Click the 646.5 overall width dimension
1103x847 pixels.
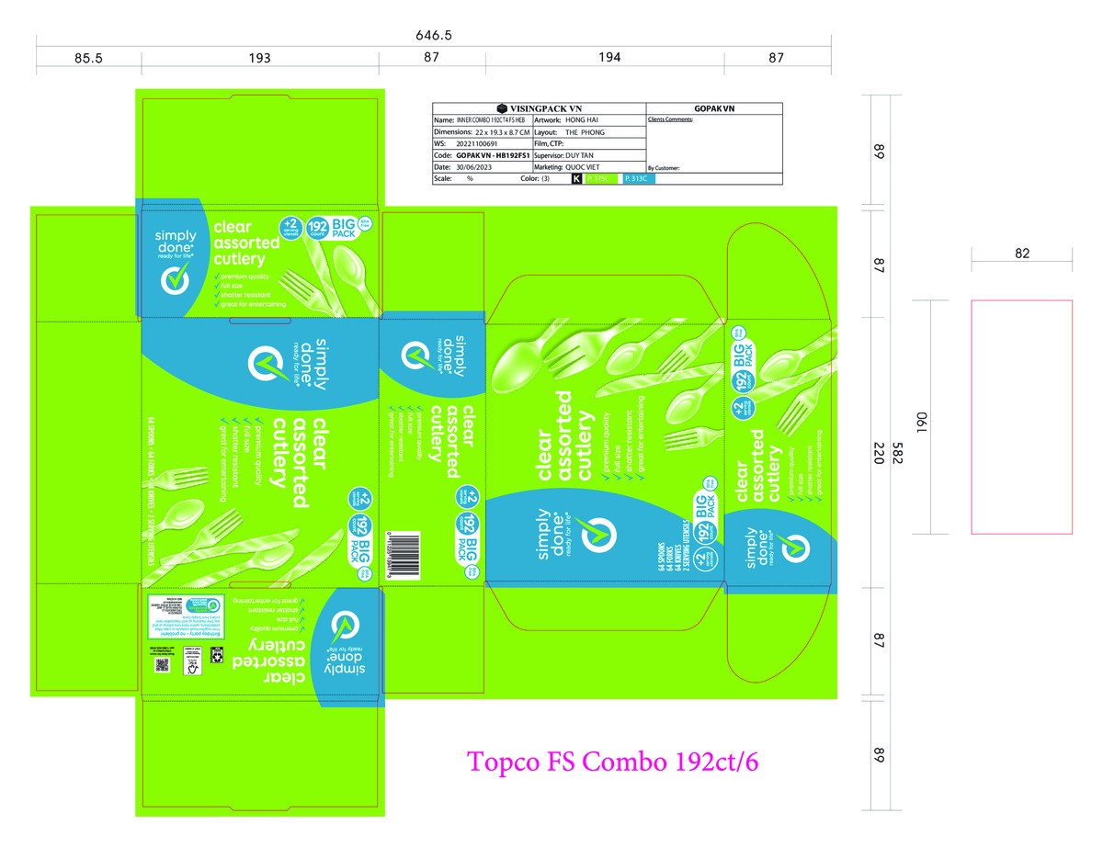[x=434, y=36]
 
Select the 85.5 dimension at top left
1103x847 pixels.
[x=88, y=58]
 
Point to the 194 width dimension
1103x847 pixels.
[x=608, y=57]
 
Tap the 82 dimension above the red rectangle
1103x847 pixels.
[x=1022, y=254]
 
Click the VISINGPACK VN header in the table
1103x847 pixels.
[x=540, y=107]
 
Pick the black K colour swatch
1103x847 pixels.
[x=576, y=180]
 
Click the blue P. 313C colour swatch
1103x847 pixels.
[x=639, y=180]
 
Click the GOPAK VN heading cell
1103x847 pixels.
[x=714, y=107]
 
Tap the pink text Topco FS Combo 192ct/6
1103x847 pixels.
[x=614, y=762]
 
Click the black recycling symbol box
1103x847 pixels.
[x=217, y=653]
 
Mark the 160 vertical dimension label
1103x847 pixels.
[x=920, y=424]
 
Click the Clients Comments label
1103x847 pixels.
[x=670, y=119]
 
